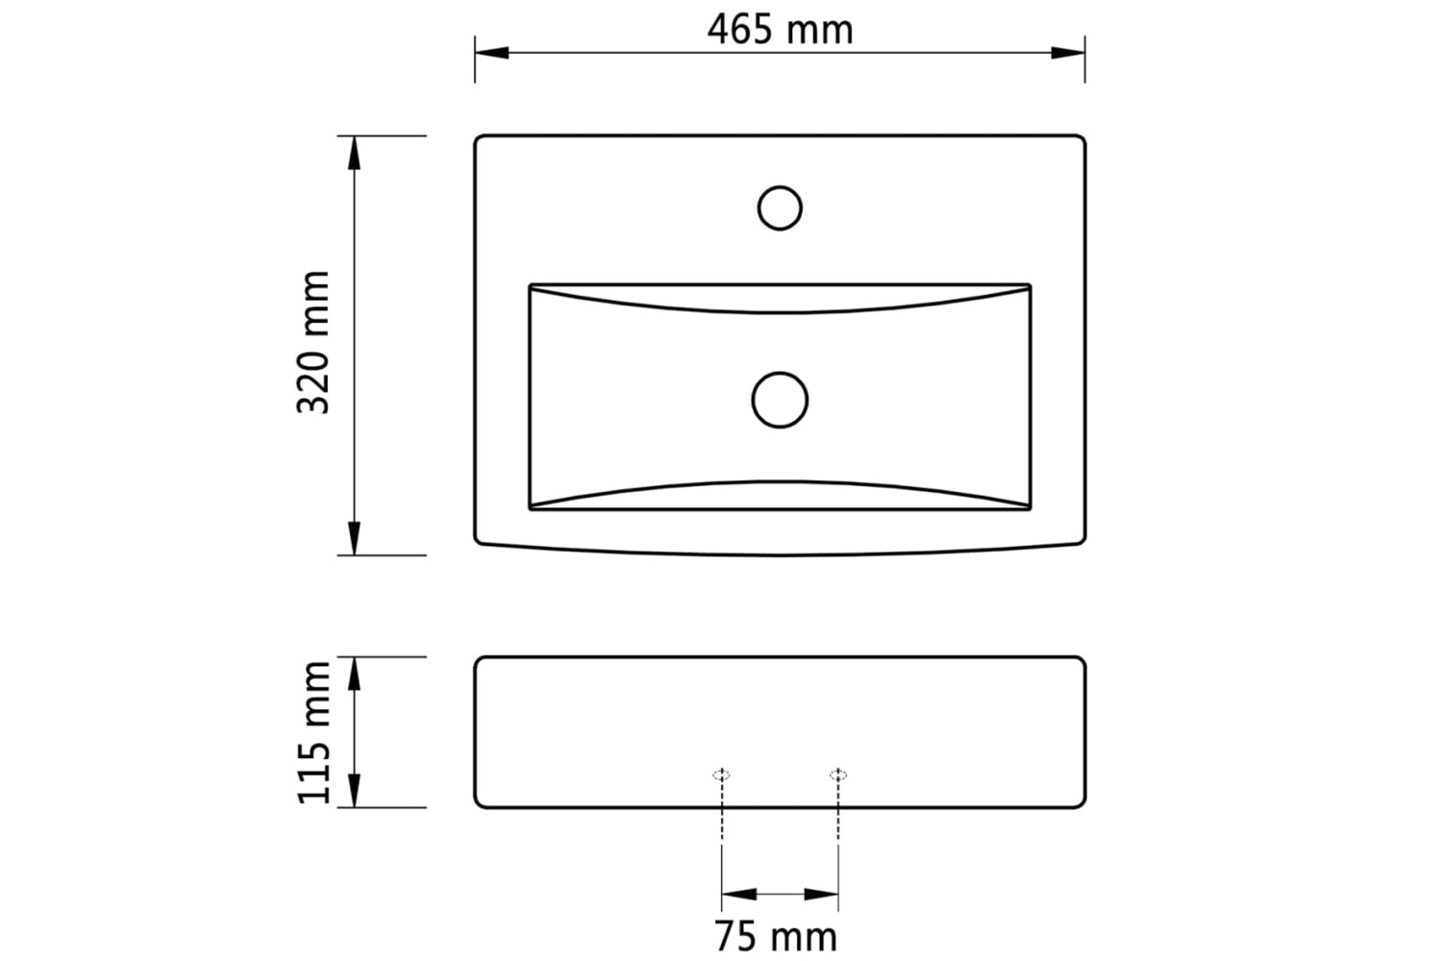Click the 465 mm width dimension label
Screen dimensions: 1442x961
(x=780, y=30)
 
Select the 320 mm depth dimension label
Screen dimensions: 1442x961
(x=313, y=342)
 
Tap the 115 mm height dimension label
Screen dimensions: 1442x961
(x=313, y=732)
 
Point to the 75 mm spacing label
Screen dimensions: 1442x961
(x=776, y=937)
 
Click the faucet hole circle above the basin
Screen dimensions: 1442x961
(x=780, y=186)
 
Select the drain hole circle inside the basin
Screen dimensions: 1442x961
(x=780, y=372)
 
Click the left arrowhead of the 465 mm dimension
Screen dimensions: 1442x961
(x=492, y=53)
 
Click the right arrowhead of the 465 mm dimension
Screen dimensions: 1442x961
(x=1068, y=53)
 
